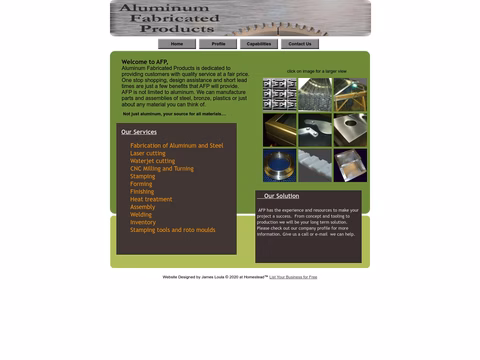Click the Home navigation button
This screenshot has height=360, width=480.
click(177, 44)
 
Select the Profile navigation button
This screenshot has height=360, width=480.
click(218, 44)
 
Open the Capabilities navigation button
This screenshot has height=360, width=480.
click(259, 44)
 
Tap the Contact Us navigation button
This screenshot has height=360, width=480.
click(300, 44)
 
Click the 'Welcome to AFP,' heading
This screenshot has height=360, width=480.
click(145, 62)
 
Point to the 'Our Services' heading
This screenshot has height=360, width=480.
click(139, 132)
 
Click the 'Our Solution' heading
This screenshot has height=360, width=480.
click(281, 196)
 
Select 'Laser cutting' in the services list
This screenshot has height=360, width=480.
click(148, 153)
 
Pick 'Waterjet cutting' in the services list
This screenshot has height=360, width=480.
click(152, 161)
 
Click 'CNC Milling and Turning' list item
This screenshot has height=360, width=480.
click(162, 169)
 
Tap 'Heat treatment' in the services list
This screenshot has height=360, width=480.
click(151, 199)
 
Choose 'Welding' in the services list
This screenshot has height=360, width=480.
click(141, 214)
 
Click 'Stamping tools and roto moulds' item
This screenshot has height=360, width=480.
click(172, 230)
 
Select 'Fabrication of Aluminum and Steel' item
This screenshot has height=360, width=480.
click(176, 145)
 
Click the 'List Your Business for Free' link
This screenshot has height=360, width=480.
click(293, 277)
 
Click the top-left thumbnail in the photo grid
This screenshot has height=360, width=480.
click(279, 94)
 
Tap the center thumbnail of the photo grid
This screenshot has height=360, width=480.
click(315, 129)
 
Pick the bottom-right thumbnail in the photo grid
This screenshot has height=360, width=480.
click(350, 165)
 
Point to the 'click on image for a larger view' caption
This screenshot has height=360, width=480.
click(316, 71)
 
